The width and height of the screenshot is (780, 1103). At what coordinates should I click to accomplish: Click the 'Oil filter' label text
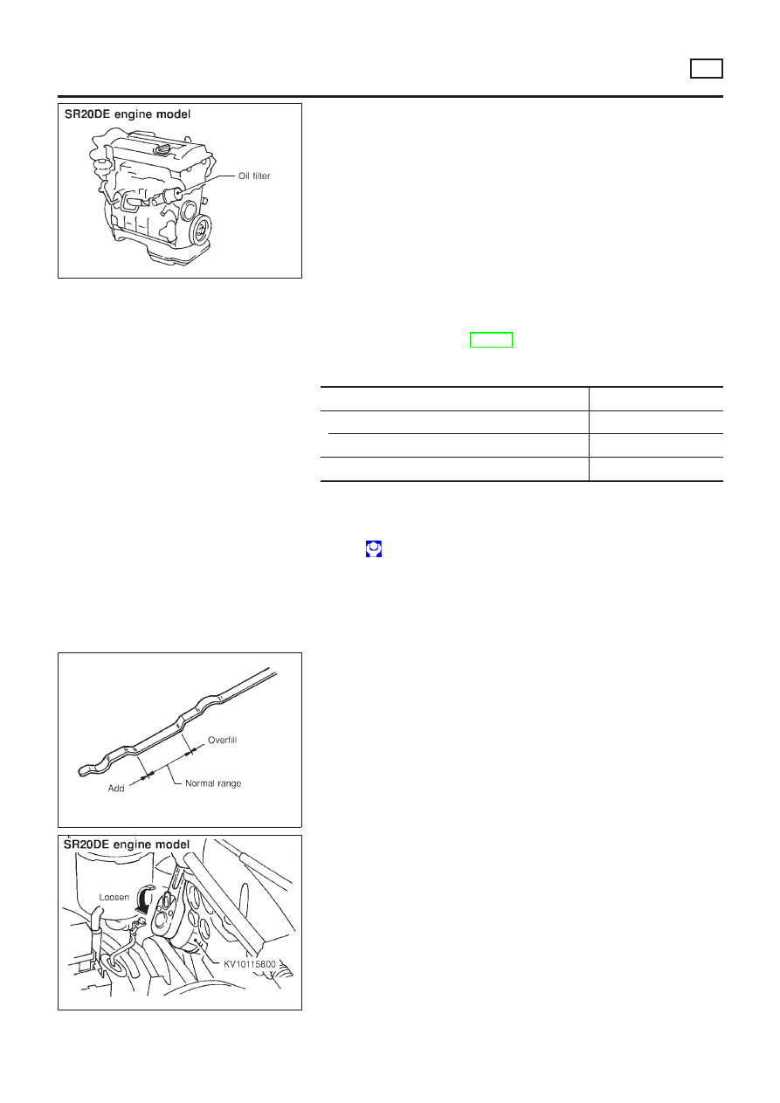coord(254,176)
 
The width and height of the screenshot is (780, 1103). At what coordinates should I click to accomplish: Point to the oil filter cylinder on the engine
coord(172,196)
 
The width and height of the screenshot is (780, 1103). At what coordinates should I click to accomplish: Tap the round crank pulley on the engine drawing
coord(202,230)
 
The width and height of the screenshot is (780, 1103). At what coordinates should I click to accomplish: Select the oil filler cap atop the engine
coord(161,148)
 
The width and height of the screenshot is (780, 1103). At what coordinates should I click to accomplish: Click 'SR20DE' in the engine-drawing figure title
coord(87,114)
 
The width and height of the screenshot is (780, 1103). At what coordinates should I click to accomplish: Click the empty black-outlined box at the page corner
coord(706,68)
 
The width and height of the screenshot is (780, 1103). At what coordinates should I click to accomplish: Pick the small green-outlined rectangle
coord(491,340)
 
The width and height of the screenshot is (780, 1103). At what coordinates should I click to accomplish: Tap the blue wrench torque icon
coord(374,548)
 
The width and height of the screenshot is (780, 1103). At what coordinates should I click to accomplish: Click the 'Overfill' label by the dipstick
coord(222,740)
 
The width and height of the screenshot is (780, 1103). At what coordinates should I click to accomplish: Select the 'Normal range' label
coord(213,783)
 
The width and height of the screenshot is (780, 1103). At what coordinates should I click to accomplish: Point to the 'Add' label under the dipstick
coord(116,789)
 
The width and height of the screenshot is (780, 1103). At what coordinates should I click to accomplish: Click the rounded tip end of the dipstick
coord(81,770)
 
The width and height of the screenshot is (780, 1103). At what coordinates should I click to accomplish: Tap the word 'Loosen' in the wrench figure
coord(114,897)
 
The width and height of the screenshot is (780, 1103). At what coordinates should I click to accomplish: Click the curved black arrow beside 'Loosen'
coord(146,900)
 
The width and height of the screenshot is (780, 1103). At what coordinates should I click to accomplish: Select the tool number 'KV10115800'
coord(250,963)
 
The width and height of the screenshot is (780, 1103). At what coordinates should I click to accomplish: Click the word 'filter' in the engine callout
coord(260,176)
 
